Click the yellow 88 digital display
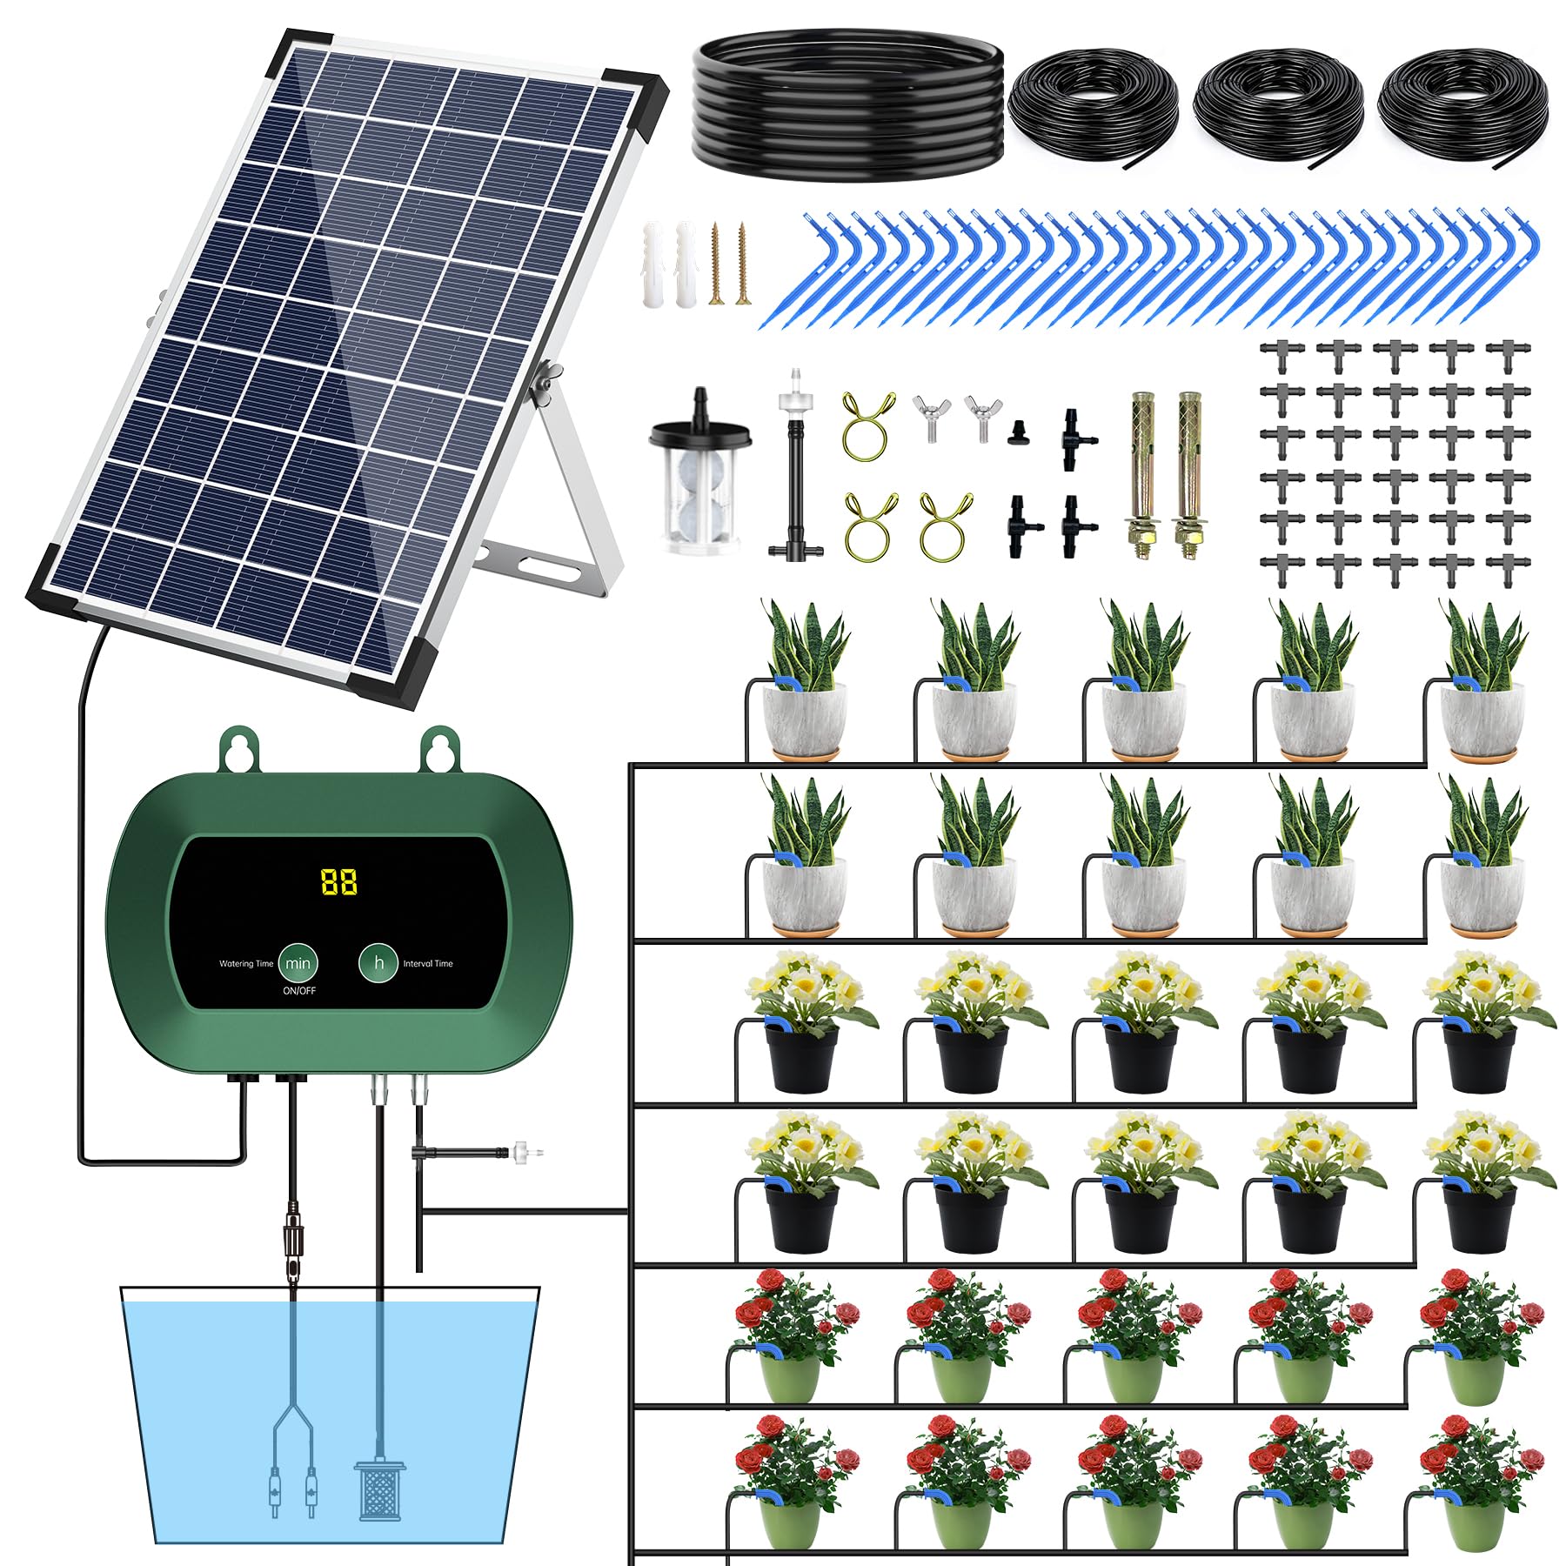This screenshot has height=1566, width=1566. pos(338,881)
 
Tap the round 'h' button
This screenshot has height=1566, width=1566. pos(378,962)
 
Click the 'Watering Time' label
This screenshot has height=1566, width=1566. pos(246,964)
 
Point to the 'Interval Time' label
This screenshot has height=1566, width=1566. pos(428,964)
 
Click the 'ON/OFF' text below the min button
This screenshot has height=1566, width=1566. pos(299,991)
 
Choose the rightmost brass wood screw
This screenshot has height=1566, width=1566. pos(742,263)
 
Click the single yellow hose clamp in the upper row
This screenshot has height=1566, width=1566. pos(867,424)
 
